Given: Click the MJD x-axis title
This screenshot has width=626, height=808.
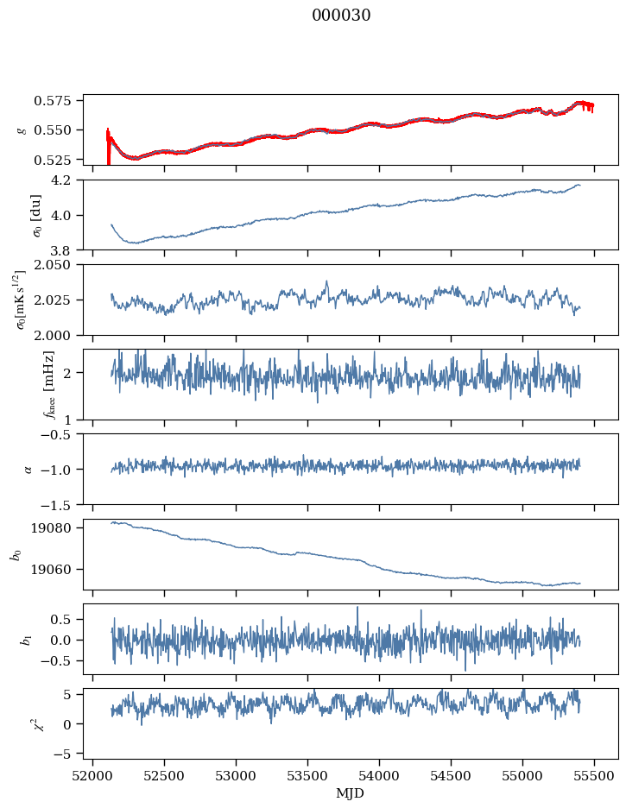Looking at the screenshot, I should [351, 793].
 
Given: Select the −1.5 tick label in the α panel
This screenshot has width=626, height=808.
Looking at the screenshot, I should [60, 504].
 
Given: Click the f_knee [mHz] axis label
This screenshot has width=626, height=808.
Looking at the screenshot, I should [23, 385].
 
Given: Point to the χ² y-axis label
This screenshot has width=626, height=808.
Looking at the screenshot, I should [23, 724].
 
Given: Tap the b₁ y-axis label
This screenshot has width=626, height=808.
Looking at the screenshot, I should [23, 640].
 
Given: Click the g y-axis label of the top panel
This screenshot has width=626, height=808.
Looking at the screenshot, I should [23, 129].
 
